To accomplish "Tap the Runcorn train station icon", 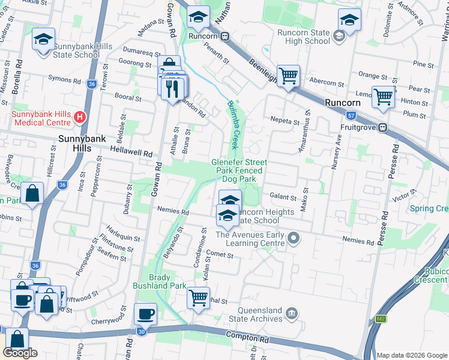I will [x=224, y=36].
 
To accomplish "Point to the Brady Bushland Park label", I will [x=168, y=282].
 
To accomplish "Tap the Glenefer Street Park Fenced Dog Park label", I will [x=239, y=170].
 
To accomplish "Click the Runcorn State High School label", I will [x=304, y=37].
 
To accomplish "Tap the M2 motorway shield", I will [x=381, y=319].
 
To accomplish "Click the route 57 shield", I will [x=351, y=115].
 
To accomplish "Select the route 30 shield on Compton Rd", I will [x=141, y=331].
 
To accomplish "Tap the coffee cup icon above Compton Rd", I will [x=145, y=313].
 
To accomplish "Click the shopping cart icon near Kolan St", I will [x=198, y=296].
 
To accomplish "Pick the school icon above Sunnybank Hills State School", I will [x=43, y=40].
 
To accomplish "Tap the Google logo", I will [x=20, y=353].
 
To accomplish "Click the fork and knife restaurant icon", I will [x=173, y=88].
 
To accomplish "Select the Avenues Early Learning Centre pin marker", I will [x=293, y=239].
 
